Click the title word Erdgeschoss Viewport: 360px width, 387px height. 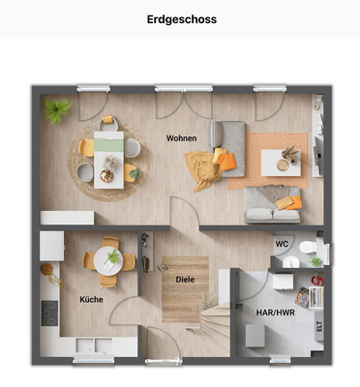click(181, 18)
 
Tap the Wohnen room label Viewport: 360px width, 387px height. click(181, 138)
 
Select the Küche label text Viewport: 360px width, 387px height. click(92, 299)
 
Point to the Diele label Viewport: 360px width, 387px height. click(185, 280)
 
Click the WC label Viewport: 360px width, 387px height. click(282, 244)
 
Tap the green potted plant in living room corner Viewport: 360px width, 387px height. click(57, 109)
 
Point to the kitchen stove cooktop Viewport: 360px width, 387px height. click(48, 313)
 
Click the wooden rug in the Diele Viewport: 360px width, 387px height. click(183, 290)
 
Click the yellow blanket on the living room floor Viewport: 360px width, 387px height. click(205, 172)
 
